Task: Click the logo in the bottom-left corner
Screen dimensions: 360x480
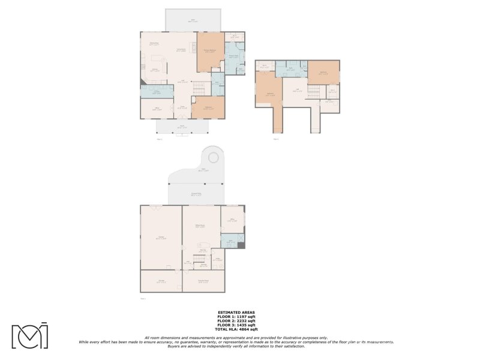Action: point(29,335)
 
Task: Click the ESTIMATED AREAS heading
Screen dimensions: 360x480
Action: point(236,313)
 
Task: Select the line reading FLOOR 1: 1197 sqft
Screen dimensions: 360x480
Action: point(236,317)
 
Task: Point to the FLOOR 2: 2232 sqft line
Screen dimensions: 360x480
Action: point(236,321)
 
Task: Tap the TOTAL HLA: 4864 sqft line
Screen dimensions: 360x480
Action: point(236,329)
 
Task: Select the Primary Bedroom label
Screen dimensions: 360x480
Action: point(209,50)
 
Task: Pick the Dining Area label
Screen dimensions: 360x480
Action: point(154,43)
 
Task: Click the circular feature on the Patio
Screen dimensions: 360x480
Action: point(213,157)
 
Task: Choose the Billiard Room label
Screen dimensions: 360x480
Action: point(200,226)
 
